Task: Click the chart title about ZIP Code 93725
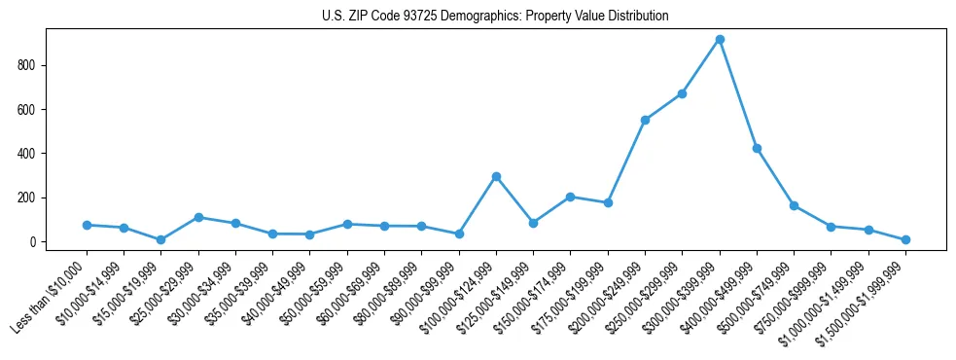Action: (495, 17)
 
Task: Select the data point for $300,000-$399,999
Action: (720, 40)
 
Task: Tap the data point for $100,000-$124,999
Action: (496, 177)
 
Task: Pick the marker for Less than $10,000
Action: (87, 225)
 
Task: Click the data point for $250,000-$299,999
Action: (683, 93)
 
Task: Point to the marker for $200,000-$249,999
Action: (645, 120)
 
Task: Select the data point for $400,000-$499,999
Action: (757, 149)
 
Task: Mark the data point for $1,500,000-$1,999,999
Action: (905, 239)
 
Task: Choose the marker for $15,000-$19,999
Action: (161, 239)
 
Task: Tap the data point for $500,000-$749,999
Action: (794, 205)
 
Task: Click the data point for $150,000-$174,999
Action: (571, 197)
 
